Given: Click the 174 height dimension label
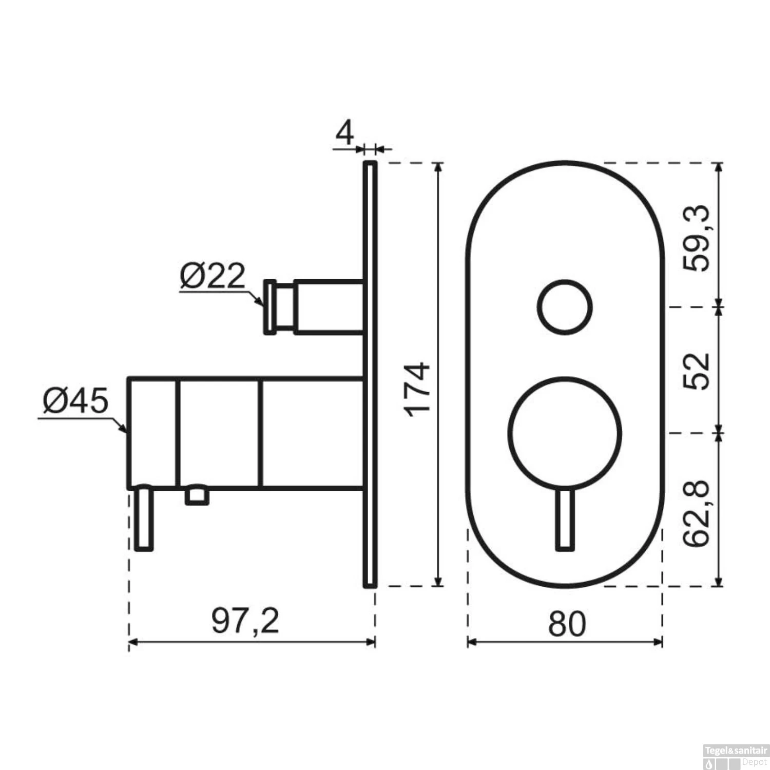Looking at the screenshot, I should tap(417, 389).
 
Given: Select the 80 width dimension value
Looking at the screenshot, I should tap(566, 624).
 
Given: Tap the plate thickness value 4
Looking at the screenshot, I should tap(345, 134).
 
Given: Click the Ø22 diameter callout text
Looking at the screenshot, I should tap(213, 277).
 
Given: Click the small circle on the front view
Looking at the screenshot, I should tap(565, 307).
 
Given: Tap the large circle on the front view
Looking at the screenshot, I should tap(565, 433).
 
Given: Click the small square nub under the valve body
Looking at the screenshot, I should tap(197, 496).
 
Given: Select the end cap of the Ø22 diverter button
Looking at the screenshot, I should tap(270, 307).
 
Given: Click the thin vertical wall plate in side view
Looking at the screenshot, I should tap(370, 375).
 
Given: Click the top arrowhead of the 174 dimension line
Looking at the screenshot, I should tap(438, 167).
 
